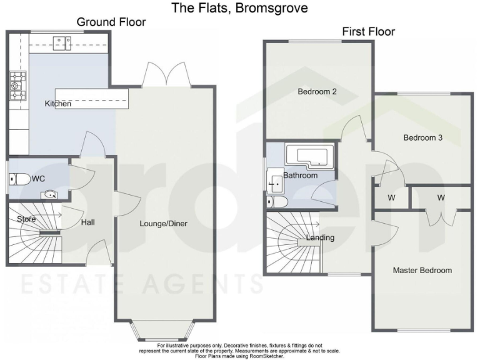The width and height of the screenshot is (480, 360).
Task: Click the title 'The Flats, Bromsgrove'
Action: (x=240, y=8)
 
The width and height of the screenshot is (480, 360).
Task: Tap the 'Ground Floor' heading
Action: (x=111, y=22)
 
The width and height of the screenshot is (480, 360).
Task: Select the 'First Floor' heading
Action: (x=368, y=32)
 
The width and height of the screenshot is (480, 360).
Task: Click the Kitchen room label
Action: (x=57, y=104)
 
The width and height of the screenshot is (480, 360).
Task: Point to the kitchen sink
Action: (x=62, y=42)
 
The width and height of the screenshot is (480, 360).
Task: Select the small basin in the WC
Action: (x=50, y=195)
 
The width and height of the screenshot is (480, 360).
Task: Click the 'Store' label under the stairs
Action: (x=26, y=219)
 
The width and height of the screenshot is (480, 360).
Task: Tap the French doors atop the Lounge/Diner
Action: (x=166, y=75)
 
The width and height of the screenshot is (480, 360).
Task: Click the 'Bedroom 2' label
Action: (x=317, y=92)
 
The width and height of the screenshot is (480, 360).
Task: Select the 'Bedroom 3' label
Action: (x=422, y=138)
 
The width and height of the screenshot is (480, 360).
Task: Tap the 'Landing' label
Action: (x=320, y=237)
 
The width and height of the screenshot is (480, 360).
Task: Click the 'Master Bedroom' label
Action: (x=422, y=271)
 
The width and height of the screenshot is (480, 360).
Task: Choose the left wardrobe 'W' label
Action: (x=391, y=198)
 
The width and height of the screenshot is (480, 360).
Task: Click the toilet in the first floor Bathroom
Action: (x=277, y=201)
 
